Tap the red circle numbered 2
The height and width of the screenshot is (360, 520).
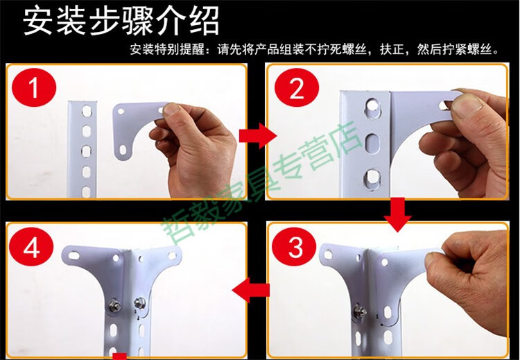297,88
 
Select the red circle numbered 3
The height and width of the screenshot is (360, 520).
294,247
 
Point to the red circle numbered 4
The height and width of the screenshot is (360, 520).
31,247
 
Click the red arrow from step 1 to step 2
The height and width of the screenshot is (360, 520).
258,135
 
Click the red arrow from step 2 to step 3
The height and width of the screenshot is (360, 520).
398,214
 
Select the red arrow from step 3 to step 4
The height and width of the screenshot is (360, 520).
251,291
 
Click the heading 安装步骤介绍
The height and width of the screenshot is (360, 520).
121,21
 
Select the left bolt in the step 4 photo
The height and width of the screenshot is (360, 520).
114,304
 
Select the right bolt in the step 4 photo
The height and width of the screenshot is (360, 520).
138,302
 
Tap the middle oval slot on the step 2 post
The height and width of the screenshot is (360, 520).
372,143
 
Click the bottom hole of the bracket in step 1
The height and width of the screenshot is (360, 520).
123,150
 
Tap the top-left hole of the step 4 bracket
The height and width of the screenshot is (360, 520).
73,255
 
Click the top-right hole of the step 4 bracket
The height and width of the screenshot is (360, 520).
172,255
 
